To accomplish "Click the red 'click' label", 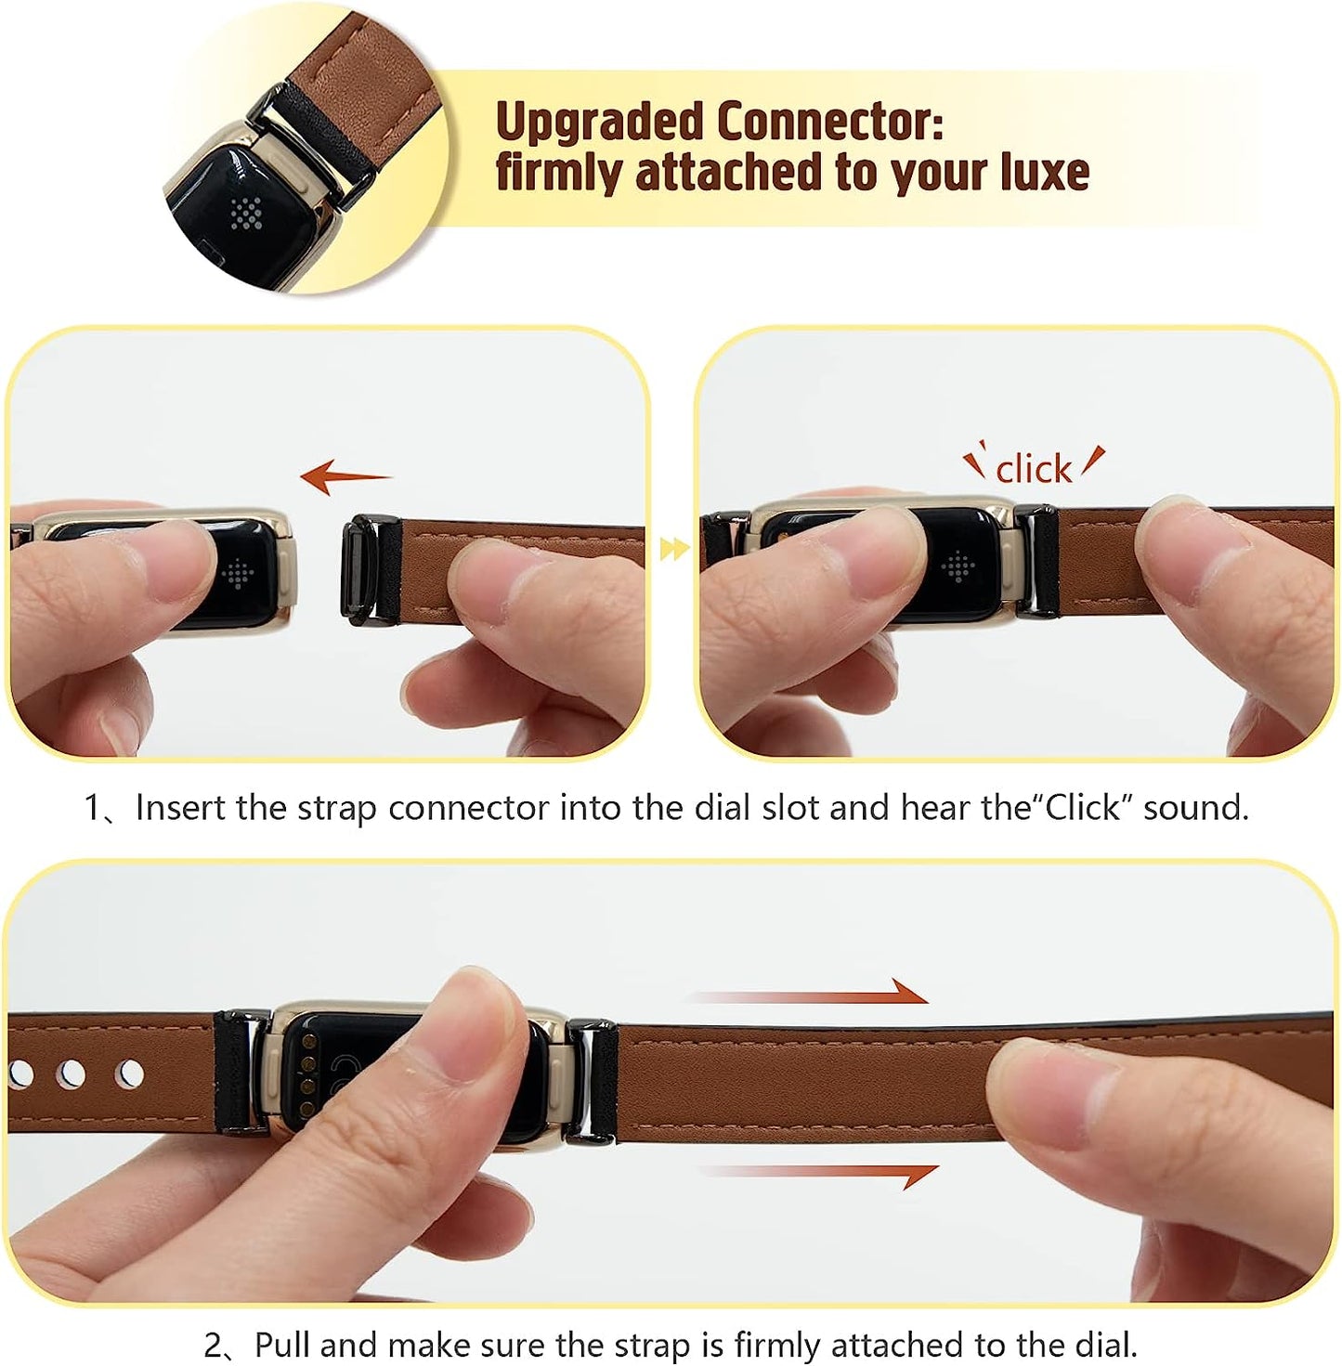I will (x=1034, y=469).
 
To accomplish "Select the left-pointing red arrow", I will (x=345, y=476).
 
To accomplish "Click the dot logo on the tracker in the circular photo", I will (x=246, y=214).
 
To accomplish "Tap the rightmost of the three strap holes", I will (x=130, y=1074).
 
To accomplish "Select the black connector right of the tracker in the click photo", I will (x=1036, y=561).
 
